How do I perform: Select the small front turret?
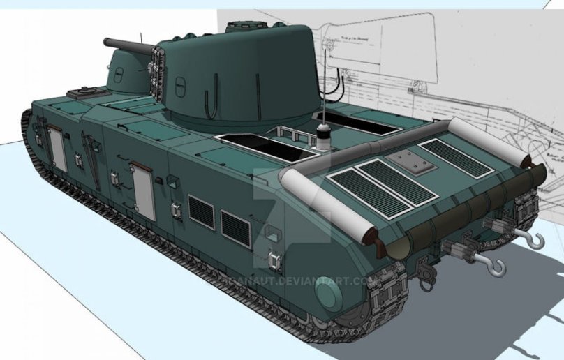tap(126, 73)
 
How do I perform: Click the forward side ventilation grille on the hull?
tap(201, 212)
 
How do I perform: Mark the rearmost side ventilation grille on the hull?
tap(235, 228)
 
